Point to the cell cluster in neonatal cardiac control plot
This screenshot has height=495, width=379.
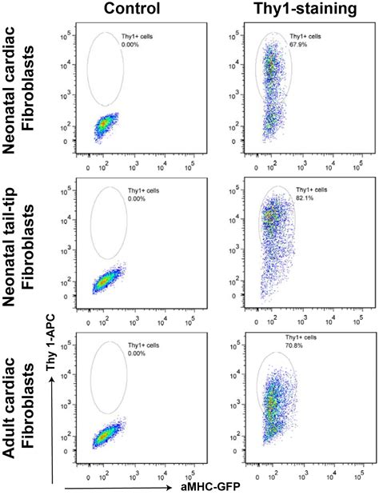105,126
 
